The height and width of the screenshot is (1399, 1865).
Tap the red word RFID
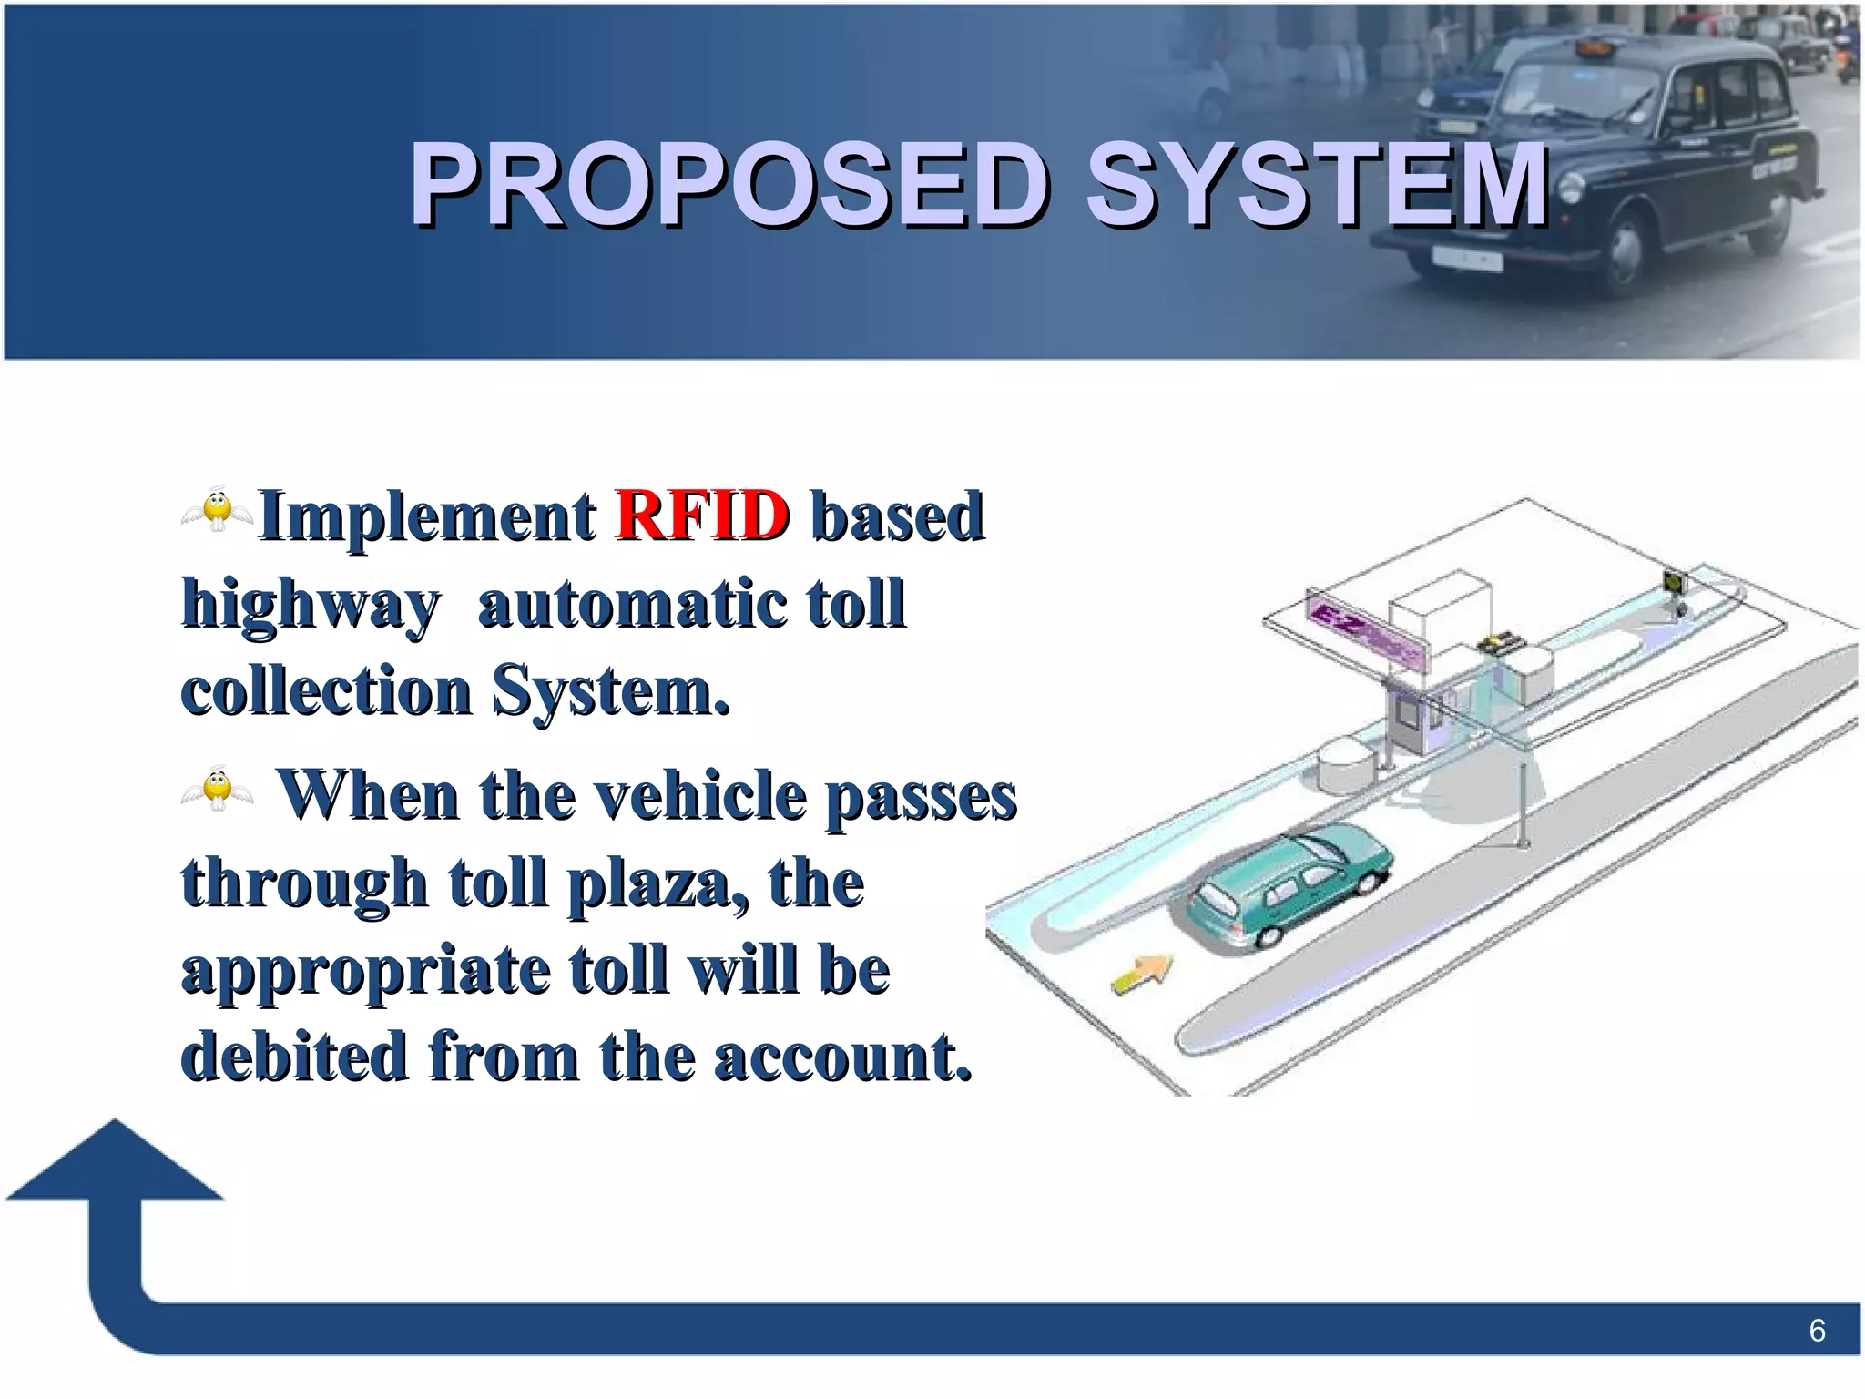701,516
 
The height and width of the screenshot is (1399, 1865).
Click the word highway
311,605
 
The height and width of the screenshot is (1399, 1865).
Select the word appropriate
366,972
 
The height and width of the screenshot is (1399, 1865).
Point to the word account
841,1058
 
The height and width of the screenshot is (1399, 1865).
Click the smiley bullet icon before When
217,789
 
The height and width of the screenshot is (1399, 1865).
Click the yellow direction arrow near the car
1143,973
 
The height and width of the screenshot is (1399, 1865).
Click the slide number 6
1817,1331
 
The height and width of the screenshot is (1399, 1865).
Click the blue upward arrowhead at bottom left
115,1162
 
